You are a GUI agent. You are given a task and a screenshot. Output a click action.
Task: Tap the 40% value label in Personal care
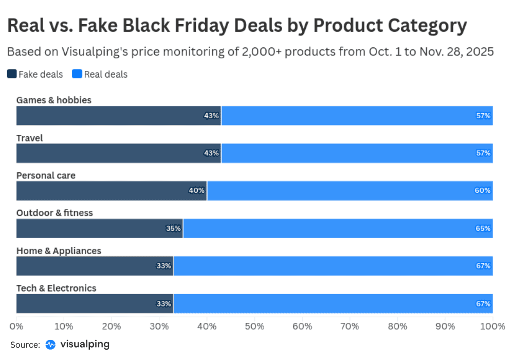click(x=196, y=191)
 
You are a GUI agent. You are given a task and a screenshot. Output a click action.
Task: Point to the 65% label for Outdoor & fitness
click(x=483, y=228)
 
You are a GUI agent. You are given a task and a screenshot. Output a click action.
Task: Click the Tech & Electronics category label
click(x=56, y=288)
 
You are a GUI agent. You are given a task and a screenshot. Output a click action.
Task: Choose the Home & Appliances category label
click(x=59, y=250)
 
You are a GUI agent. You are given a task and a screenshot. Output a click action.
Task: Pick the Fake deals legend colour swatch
click(x=12, y=74)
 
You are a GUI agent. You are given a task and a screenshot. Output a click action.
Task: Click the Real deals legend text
click(x=105, y=74)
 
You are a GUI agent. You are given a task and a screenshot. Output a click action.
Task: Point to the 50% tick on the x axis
click(x=254, y=326)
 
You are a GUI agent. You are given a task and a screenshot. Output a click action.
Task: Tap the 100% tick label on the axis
click(x=493, y=326)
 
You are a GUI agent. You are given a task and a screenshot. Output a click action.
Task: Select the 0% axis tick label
click(x=16, y=326)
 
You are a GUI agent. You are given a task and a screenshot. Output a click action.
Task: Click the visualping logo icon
click(x=50, y=345)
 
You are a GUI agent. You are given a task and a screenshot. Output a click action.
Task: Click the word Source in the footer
click(x=25, y=345)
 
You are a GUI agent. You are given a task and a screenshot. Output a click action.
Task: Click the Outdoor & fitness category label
click(x=54, y=212)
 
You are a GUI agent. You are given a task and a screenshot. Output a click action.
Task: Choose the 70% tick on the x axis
click(x=350, y=326)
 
